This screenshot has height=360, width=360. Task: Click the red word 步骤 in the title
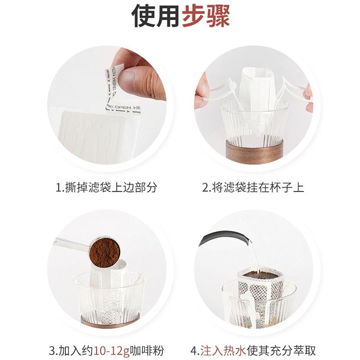click(x=206, y=16)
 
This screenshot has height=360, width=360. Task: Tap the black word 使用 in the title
click(x=155, y=16)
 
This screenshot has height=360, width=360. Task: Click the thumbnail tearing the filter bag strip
click(x=107, y=105)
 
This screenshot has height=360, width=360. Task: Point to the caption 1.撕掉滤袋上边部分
click(x=106, y=187)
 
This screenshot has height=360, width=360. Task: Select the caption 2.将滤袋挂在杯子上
click(x=253, y=187)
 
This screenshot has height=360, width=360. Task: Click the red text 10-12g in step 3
click(x=112, y=351)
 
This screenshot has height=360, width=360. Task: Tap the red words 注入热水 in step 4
click(x=223, y=351)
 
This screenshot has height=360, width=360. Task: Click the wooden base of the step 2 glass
click(x=254, y=151)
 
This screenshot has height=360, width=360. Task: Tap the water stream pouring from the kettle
click(x=254, y=256)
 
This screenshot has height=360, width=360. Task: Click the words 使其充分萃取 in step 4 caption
click(x=281, y=351)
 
